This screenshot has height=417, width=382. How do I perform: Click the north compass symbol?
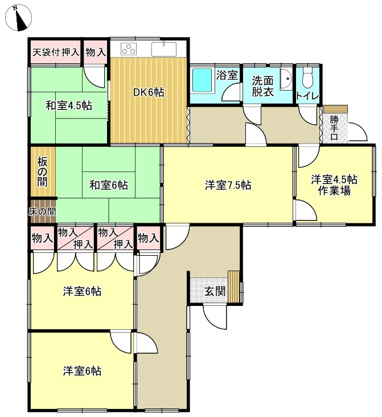click(x=18, y=18)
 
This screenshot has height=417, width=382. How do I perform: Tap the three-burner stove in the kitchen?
click(x=129, y=49)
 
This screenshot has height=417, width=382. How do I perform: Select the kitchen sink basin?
click(x=164, y=49)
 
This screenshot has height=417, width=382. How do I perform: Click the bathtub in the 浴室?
click(x=202, y=80)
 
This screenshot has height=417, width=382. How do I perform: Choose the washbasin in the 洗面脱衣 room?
click(x=286, y=79)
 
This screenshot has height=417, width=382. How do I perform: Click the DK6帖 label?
click(x=149, y=92)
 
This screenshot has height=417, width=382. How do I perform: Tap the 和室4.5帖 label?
click(x=69, y=105)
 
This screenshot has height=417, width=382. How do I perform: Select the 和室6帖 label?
click(x=109, y=185)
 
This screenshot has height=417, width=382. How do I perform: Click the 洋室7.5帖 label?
click(x=228, y=185)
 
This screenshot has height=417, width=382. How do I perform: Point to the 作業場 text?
click(x=334, y=191)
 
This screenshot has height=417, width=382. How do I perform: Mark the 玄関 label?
click(x=215, y=292)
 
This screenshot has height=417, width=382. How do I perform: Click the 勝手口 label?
click(x=334, y=128)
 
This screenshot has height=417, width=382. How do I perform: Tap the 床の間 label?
click(x=42, y=212)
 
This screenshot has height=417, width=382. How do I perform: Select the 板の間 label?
click(x=42, y=172)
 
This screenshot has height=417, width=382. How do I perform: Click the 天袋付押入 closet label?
click(x=56, y=52)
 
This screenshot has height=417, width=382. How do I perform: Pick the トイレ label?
click(x=307, y=96)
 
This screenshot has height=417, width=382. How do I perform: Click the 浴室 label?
click(x=227, y=75)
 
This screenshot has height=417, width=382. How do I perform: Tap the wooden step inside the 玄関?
click(x=234, y=287)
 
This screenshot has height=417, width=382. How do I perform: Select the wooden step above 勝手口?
click(x=335, y=109)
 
